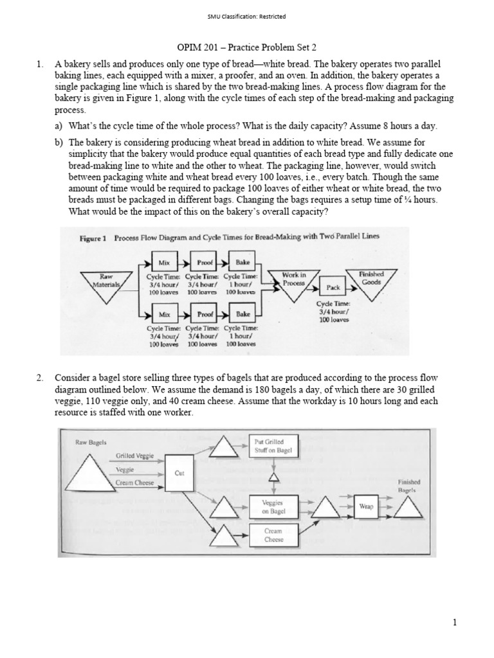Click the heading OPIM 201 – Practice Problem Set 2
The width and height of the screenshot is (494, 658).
pyautogui.click(x=247, y=48)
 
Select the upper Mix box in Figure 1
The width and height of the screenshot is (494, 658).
pyautogui.click(x=164, y=262)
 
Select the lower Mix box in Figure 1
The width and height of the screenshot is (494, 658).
pyautogui.click(x=164, y=314)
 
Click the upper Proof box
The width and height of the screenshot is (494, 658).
pyautogui.click(x=205, y=262)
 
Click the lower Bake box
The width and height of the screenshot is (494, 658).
pyautogui.click(x=242, y=314)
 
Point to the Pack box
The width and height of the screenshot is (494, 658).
pyautogui.click(x=333, y=287)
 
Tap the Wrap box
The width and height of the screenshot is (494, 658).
pyautogui.click(x=366, y=506)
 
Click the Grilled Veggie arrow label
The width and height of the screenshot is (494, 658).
pyautogui.click(x=134, y=456)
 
